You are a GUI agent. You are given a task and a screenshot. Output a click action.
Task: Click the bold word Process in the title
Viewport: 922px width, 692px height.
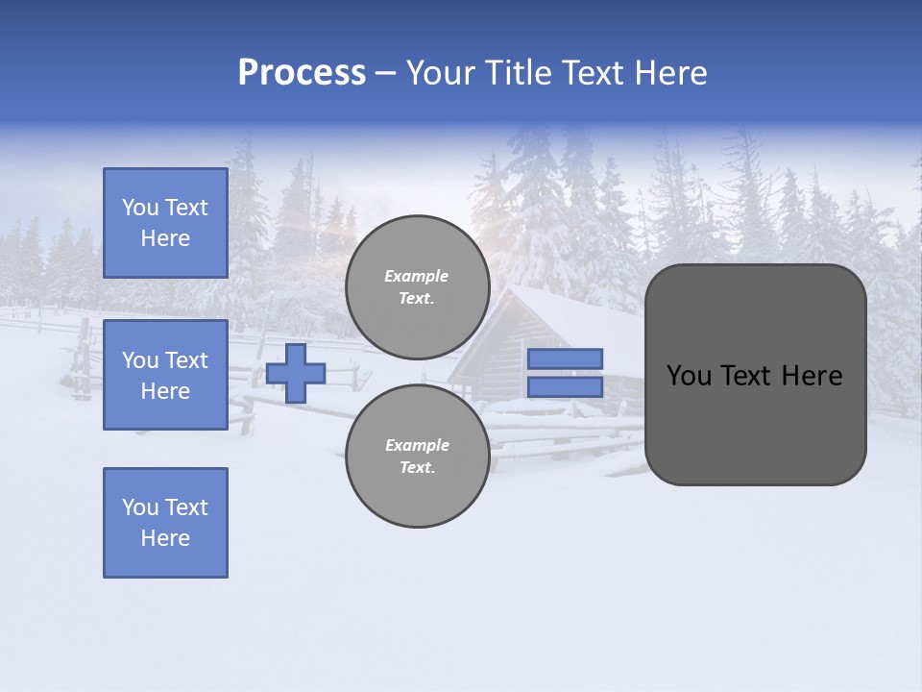tap(302, 73)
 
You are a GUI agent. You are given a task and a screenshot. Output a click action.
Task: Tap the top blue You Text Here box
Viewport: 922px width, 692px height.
tap(165, 223)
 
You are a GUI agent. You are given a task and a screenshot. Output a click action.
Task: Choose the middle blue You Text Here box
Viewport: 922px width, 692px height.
tap(165, 375)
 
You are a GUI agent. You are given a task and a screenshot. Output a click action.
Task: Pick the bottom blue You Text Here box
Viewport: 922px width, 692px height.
tap(165, 522)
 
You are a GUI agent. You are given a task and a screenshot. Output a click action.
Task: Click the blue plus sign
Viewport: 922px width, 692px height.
tap(296, 373)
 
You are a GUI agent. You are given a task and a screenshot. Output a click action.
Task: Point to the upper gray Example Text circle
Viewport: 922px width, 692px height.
tap(417, 286)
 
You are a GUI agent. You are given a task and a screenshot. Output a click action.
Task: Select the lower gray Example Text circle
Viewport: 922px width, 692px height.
tap(417, 456)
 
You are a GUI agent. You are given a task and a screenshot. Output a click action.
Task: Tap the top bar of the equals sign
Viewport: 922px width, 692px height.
tap(565, 358)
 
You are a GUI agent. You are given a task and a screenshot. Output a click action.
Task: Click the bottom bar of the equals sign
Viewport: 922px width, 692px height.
tap(565, 386)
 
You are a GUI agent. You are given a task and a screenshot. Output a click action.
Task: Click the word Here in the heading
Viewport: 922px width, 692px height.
tap(669, 73)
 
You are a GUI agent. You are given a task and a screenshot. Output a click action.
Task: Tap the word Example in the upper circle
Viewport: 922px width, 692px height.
tap(417, 276)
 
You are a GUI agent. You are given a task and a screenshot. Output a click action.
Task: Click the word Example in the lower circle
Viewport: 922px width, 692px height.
tap(417, 445)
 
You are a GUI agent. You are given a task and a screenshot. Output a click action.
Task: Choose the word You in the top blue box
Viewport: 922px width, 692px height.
tap(140, 208)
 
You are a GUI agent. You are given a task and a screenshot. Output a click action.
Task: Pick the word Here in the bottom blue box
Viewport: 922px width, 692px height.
tap(165, 538)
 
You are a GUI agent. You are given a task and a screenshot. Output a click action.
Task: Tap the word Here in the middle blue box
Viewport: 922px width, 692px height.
tap(165, 391)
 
